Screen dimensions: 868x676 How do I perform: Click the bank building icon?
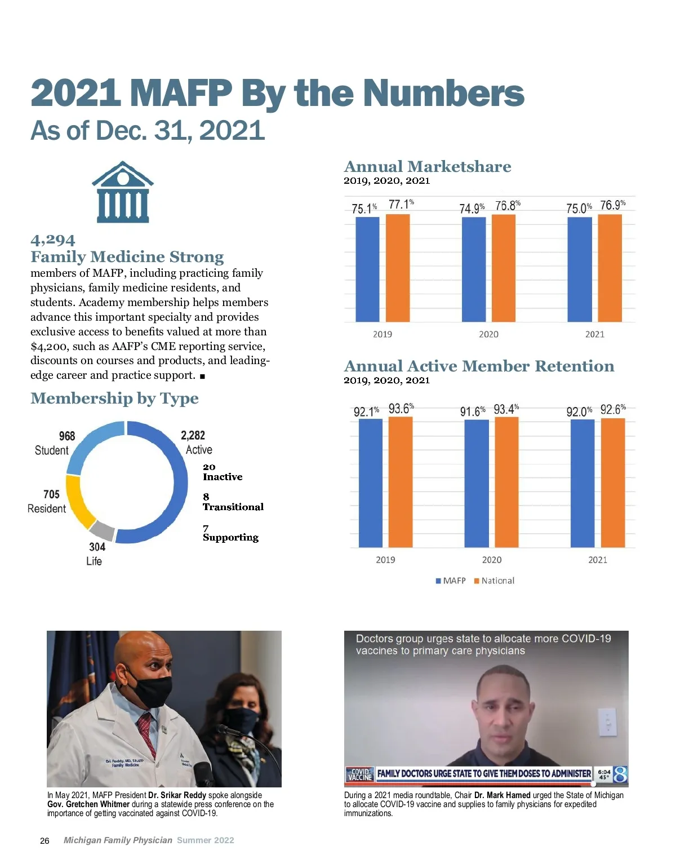(123, 192)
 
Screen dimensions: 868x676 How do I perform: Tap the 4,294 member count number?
(53, 240)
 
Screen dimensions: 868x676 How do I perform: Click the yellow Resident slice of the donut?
(77, 501)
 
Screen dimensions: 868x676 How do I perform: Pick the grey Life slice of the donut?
(103, 530)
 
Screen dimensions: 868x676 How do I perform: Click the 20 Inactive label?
(222, 472)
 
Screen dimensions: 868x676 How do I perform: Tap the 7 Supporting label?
(230, 533)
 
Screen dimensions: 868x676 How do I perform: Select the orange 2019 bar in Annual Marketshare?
(398, 268)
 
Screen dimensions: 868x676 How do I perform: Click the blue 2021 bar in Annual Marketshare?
(579, 269)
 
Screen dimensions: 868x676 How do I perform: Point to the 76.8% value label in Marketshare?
(508, 206)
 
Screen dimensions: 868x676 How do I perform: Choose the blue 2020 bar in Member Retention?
(477, 483)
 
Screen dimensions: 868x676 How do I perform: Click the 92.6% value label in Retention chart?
(613, 410)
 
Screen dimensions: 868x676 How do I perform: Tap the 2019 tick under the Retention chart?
(385, 560)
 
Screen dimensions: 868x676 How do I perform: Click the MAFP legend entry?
(451, 581)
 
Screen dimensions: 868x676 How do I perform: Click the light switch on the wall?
(607, 722)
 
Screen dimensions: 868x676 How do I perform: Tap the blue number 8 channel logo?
(620, 774)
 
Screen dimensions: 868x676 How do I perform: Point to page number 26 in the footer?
(45, 840)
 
